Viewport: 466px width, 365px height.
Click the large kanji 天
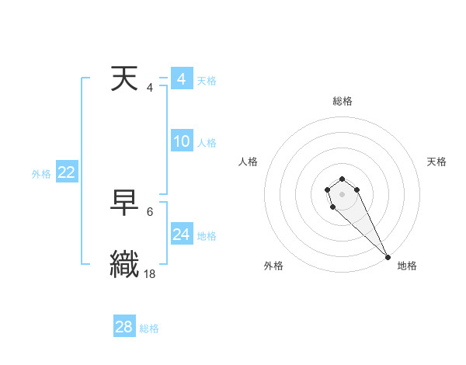[x=126, y=79]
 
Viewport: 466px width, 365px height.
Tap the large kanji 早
[x=126, y=203]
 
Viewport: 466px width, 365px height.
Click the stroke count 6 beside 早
[x=150, y=211]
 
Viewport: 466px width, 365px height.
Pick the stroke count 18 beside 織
[x=150, y=273]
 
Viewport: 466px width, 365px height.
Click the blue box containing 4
[x=181, y=79]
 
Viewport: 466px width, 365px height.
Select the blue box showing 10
[x=181, y=141]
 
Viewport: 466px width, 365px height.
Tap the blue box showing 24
[x=181, y=235]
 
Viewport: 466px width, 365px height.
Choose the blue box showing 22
[x=66, y=172]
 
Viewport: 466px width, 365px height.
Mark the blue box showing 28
[x=123, y=327]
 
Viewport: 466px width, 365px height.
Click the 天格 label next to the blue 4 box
[x=207, y=81]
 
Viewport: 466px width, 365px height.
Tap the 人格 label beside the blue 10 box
[x=207, y=143]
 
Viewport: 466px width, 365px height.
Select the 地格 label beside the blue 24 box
[x=207, y=236]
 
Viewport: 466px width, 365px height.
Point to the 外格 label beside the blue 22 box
[x=41, y=174]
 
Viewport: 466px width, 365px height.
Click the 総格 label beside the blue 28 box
[x=149, y=328]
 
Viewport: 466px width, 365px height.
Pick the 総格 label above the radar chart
[x=343, y=101]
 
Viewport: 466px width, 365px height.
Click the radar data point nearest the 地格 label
[x=388, y=257]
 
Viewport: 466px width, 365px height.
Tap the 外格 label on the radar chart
[x=273, y=266]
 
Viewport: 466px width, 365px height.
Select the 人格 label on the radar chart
[x=249, y=162]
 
